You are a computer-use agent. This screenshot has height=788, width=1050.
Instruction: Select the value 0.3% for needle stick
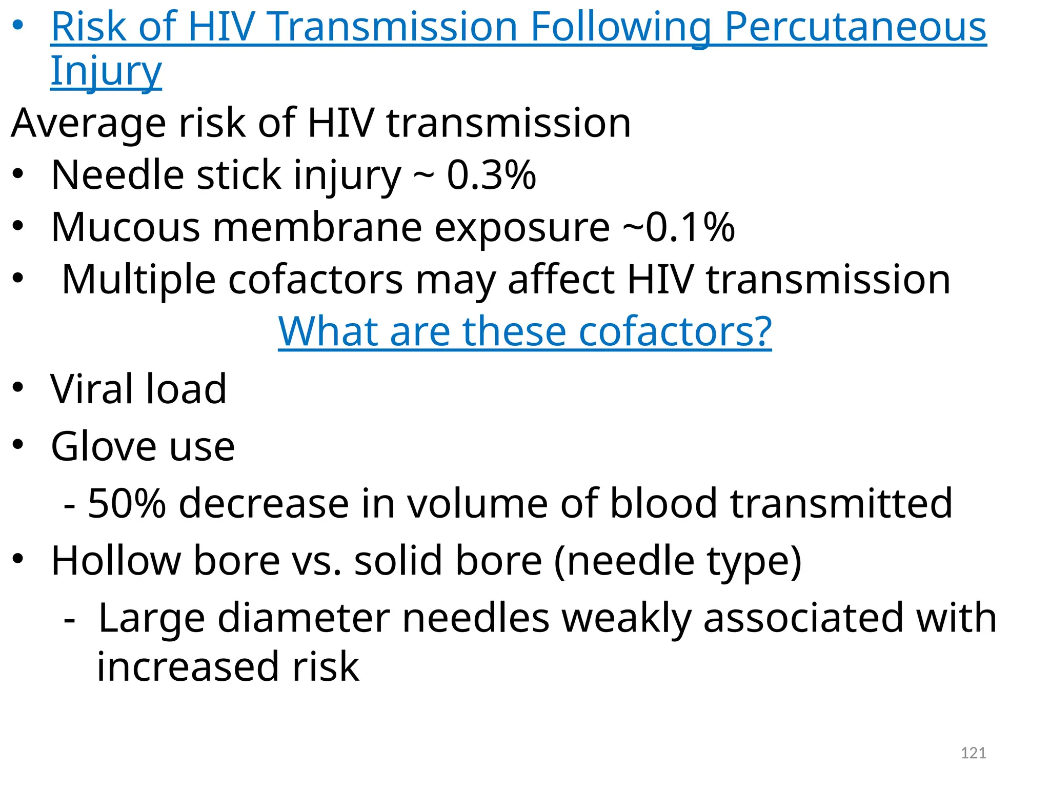coord(491,175)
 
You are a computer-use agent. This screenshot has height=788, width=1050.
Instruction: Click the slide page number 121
coord(973,753)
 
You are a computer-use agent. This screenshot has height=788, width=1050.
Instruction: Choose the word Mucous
coord(126,227)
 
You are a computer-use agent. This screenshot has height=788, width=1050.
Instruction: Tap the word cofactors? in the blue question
coord(675,332)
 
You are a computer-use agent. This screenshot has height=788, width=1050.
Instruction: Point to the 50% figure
coord(127,504)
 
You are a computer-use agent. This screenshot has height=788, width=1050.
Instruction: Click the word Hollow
coord(116,561)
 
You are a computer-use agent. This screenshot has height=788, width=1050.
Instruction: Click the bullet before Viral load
coord(18,387)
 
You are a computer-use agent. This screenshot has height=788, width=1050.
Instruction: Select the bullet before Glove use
coord(18,445)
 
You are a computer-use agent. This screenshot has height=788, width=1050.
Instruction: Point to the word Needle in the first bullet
coord(117,175)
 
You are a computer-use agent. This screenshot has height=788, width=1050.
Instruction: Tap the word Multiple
coord(138,280)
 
